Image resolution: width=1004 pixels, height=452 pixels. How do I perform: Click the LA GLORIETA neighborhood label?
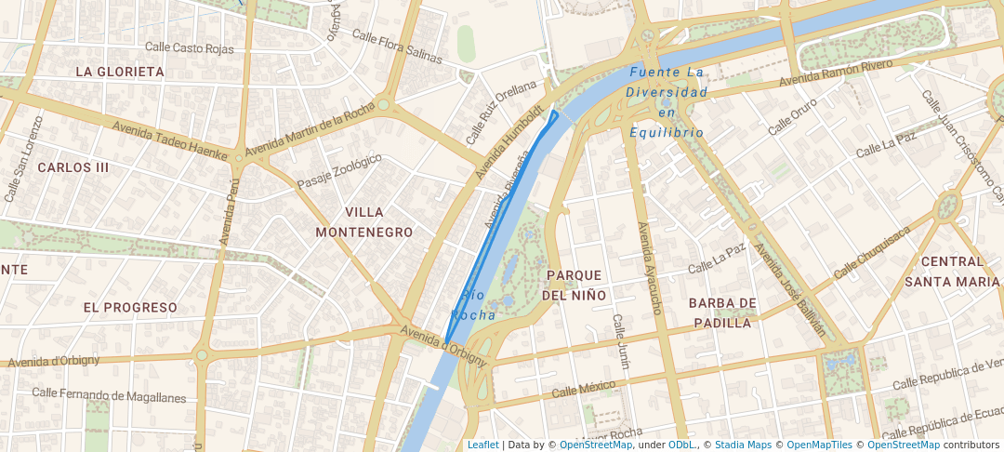119,72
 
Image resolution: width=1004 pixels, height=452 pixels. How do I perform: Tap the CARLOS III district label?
73,167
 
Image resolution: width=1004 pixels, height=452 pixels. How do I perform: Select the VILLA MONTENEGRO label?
363,222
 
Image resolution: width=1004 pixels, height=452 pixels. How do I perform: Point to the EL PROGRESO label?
129,307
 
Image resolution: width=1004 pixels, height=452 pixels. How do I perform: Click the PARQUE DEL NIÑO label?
575,286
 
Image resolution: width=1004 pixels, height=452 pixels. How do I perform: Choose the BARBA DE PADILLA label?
721,313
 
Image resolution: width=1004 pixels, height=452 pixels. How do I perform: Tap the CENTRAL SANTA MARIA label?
951,272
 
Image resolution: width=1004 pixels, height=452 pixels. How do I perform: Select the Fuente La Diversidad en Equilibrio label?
666,102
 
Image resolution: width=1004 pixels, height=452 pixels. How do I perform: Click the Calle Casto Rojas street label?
189,47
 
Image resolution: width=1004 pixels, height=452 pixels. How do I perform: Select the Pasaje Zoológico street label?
339,172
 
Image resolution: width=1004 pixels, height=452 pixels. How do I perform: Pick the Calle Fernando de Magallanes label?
109,395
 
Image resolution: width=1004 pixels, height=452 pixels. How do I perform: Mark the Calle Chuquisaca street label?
872,254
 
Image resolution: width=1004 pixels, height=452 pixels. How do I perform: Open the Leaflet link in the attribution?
482,445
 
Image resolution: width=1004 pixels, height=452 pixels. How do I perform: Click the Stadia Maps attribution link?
743,445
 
